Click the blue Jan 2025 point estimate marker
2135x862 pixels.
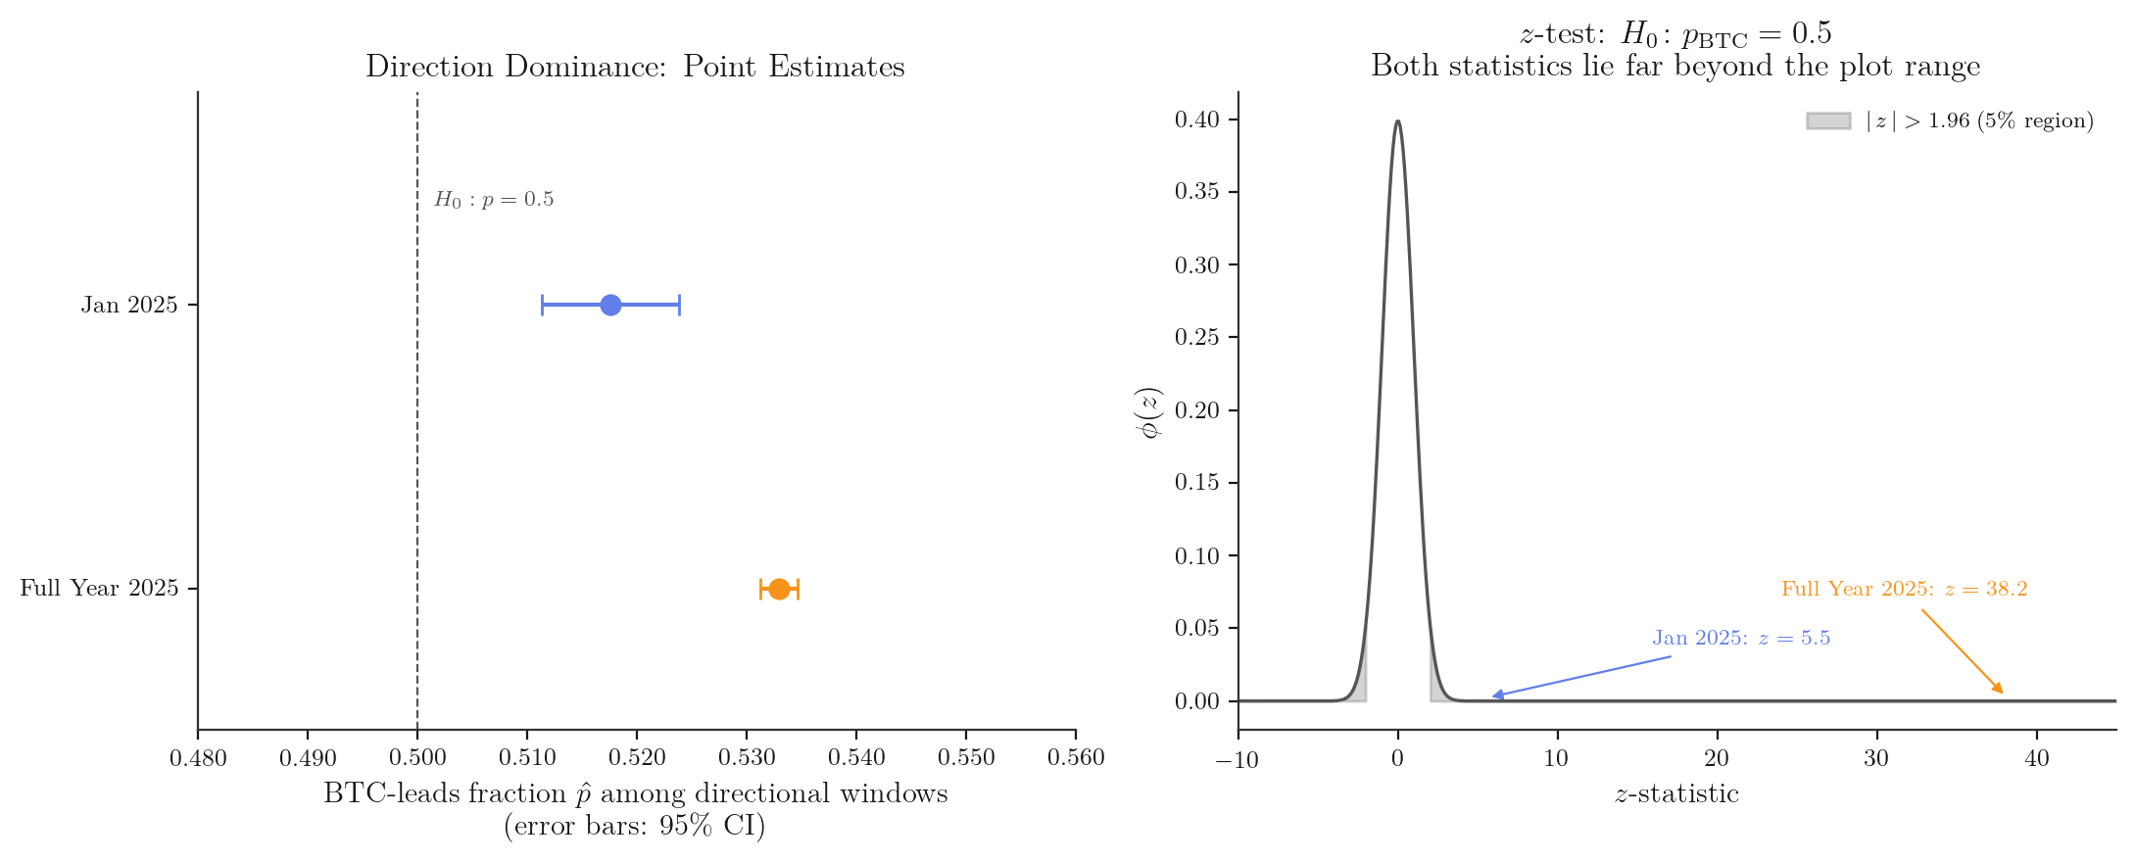coord(610,306)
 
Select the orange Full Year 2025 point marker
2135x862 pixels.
coord(779,589)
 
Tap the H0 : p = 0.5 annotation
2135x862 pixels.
coord(494,200)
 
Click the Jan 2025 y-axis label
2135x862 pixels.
coord(129,306)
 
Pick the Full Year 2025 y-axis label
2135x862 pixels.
coord(99,589)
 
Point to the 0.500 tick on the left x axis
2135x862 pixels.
coord(417,757)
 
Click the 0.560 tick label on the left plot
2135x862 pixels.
coord(1076,757)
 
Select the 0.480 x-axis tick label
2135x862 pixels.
coord(198,757)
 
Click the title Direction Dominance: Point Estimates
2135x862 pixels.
coord(635,67)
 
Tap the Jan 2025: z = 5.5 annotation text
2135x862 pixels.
coord(1741,639)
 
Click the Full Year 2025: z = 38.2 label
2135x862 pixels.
coord(1904,590)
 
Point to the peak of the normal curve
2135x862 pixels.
coord(1397,121)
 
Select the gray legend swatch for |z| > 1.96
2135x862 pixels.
coord(1828,120)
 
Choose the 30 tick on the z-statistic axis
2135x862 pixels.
coord(1876,758)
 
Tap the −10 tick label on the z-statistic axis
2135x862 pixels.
coord(1237,759)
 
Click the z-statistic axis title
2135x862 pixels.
coord(1676,793)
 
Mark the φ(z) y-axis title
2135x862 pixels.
coord(1150,411)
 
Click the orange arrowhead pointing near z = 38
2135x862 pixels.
coord(1999,690)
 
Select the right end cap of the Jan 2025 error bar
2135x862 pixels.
coord(679,306)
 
